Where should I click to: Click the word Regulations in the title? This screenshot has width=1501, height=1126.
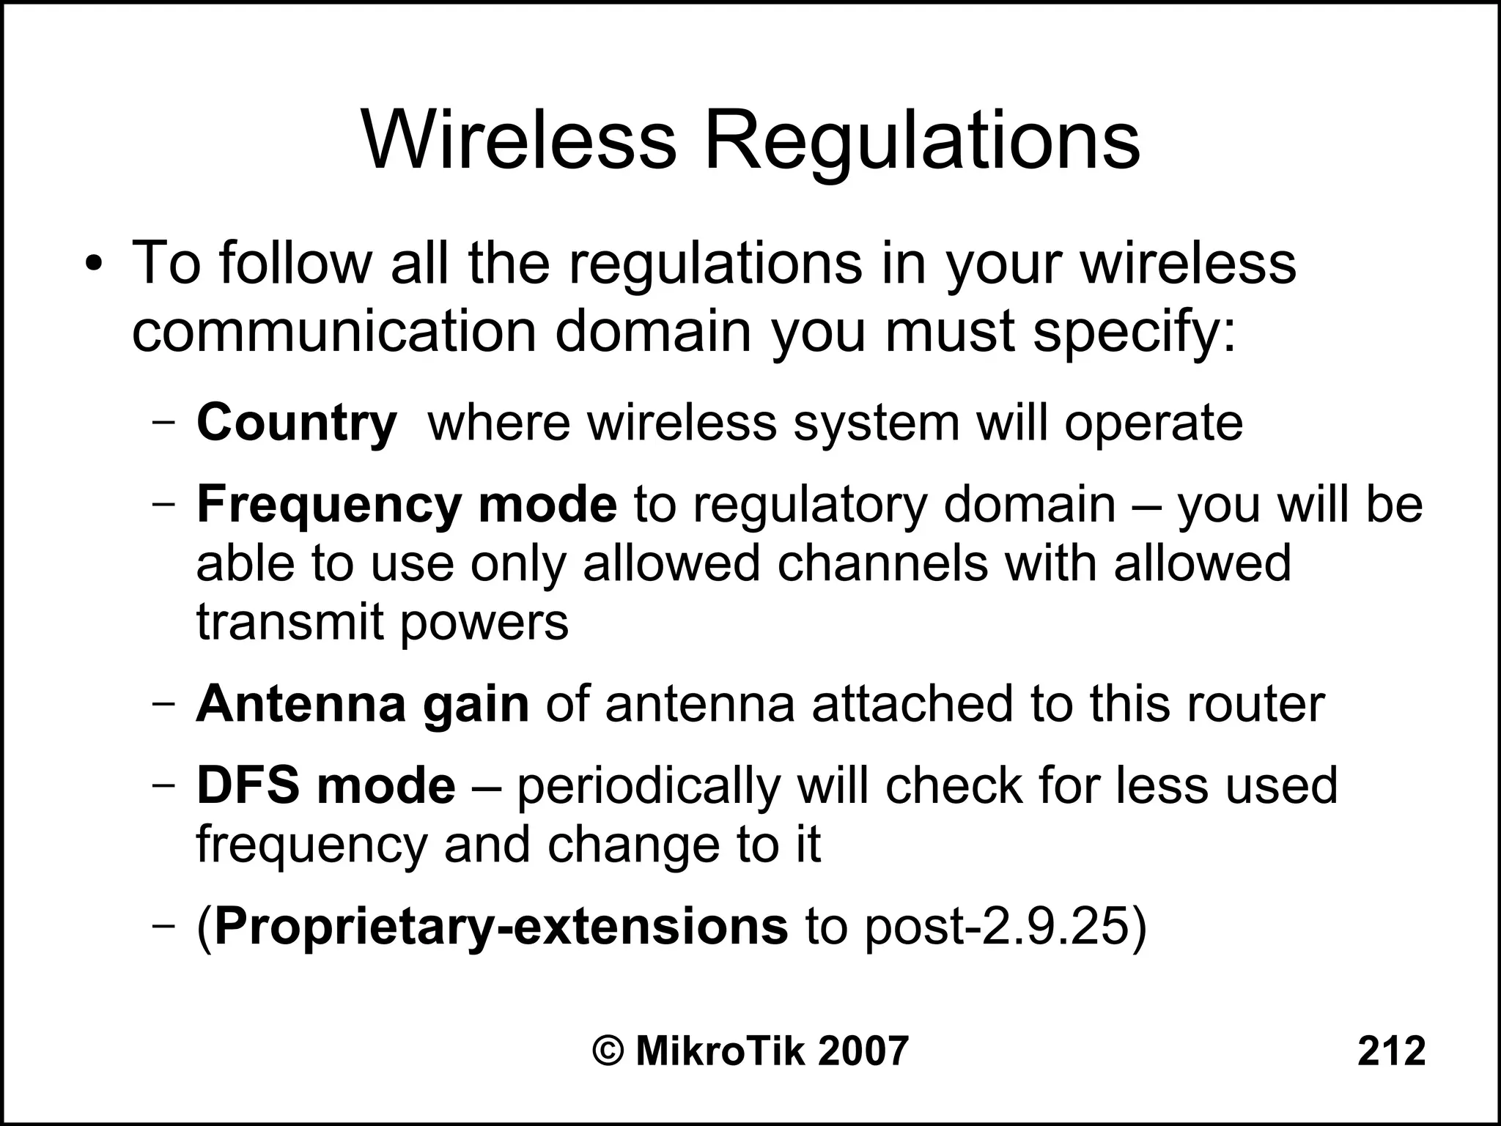[921, 143]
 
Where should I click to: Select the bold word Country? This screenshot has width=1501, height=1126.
[296, 424]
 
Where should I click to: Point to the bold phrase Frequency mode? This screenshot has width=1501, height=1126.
[407, 505]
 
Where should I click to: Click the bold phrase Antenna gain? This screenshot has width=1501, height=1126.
[362, 704]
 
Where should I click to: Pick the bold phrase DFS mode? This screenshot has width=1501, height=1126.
[326, 785]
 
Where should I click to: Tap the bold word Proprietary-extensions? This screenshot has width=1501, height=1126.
[501, 927]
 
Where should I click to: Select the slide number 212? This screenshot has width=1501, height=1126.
[1391, 1051]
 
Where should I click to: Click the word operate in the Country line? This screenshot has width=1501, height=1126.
[1154, 424]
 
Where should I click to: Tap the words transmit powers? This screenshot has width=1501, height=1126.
[382, 623]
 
